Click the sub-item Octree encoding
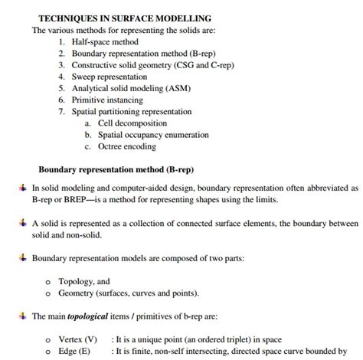(126, 146)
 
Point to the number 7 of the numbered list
(61, 111)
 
